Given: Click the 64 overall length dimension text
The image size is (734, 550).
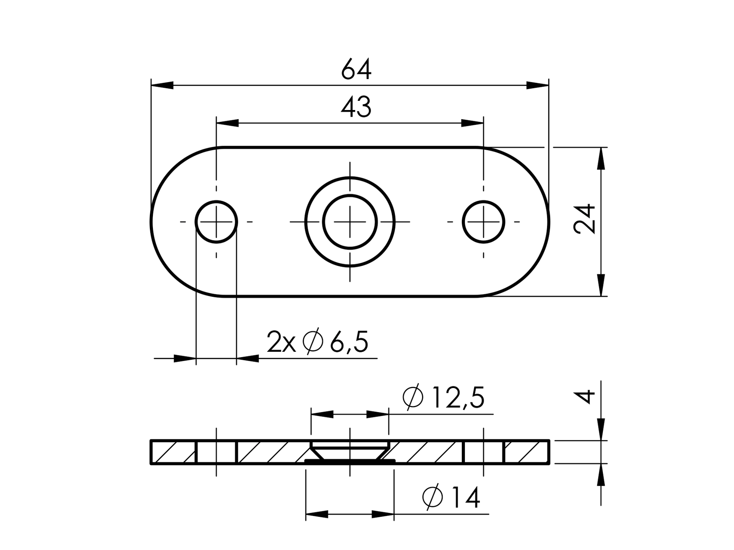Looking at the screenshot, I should [x=356, y=70].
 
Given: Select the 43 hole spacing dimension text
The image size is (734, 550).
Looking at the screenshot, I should [x=356, y=107].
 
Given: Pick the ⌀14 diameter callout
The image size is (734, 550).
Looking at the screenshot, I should [x=451, y=498].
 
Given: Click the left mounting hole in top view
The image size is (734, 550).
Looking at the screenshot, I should [x=216, y=222].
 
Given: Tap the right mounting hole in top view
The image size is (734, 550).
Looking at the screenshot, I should [x=483, y=222].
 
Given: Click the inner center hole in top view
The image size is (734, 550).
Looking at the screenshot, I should [x=350, y=222].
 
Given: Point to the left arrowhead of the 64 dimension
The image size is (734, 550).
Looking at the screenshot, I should [x=162, y=85].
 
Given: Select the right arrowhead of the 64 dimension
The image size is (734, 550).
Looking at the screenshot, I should [x=537, y=85].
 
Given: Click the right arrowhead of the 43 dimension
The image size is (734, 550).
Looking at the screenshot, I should [x=472, y=123].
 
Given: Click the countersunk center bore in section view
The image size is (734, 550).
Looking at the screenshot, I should [x=350, y=451].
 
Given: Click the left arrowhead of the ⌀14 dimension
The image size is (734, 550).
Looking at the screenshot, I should [x=317, y=514].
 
